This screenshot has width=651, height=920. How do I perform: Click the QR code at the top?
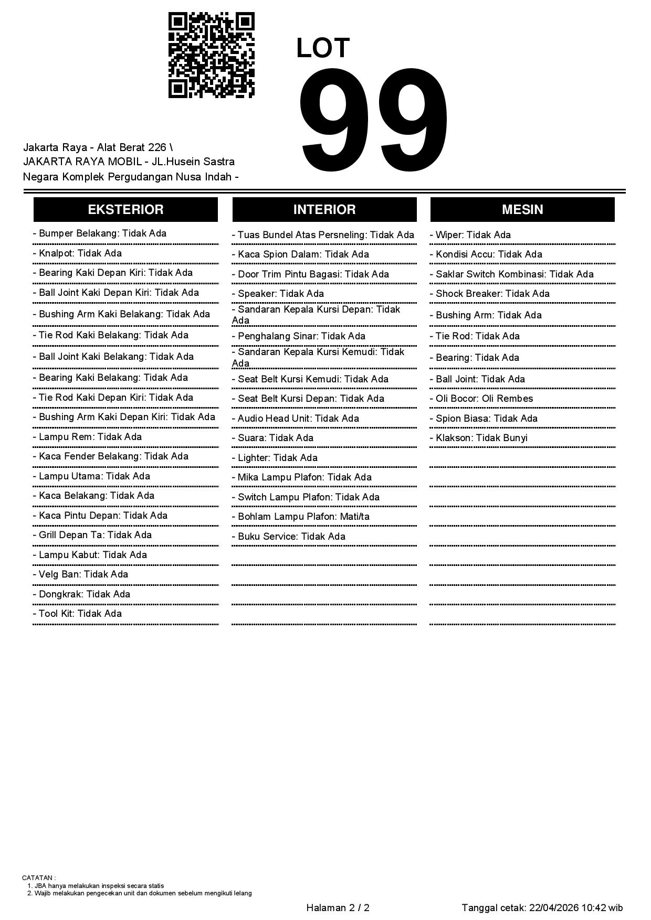coord(211,55)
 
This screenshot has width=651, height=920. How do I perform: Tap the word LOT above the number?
coord(323,48)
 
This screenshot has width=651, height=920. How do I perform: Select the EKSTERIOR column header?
coord(125,210)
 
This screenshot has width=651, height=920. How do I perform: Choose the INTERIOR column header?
coord(324,210)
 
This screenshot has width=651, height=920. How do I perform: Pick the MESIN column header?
coord(522,210)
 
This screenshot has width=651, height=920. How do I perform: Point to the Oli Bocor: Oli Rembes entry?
coord(484,399)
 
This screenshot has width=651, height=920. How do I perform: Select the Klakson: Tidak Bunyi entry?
coord(481,438)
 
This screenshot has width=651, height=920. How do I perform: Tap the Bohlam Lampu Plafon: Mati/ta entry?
coord(303,517)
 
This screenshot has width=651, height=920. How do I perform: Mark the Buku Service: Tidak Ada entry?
coord(291,537)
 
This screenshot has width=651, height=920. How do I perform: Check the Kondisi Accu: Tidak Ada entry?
coord(489,254)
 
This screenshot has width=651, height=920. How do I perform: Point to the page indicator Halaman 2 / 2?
coord(338,908)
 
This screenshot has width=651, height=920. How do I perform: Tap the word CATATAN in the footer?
coord(37,878)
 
